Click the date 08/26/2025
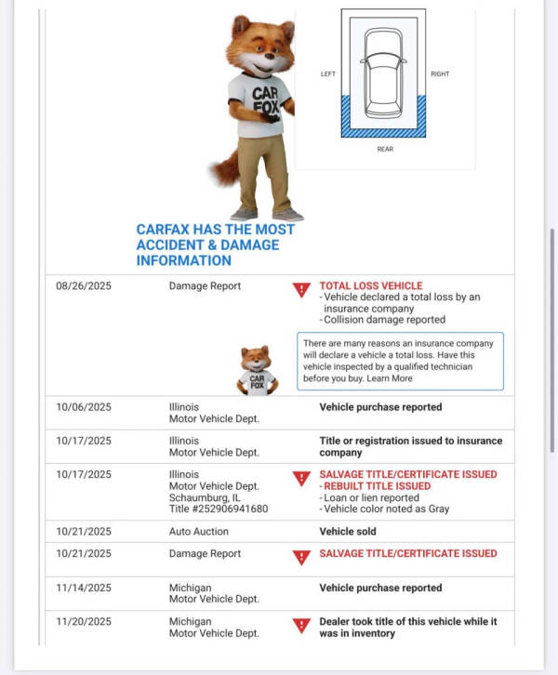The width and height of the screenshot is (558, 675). tap(84, 286)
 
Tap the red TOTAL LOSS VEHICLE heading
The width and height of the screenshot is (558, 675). tap(370, 286)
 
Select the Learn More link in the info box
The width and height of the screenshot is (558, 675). tap(392, 378)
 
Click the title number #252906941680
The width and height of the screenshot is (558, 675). tap(218, 509)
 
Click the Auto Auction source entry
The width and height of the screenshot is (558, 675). tap(198, 532)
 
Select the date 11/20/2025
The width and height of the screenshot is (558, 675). tap(84, 622)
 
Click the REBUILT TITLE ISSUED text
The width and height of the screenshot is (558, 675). tap(377, 486)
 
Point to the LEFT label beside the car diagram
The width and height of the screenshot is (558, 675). tap(327, 74)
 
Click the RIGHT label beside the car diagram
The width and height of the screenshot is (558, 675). tap(440, 74)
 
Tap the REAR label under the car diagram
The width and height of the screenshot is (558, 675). tap(384, 149)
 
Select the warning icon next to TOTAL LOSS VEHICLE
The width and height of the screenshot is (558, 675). tap(301, 290)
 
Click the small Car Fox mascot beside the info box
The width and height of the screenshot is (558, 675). tap(256, 370)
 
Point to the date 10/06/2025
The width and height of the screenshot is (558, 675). tap(84, 407)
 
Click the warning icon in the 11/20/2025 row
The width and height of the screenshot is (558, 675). tap(301, 626)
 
